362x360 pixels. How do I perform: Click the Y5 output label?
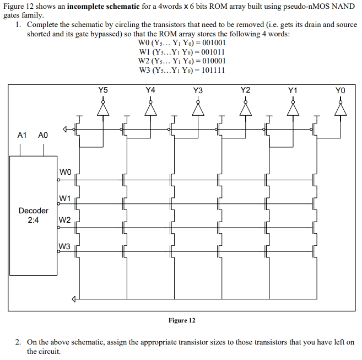[103, 89]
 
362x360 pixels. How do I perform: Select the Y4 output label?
[150, 89]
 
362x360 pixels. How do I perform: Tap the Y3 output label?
[198, 90]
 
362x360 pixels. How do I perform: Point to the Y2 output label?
[246, 89]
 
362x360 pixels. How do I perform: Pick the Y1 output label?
[293, 90]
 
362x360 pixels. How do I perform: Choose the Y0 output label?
[341, 90]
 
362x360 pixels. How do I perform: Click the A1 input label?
[22, 135]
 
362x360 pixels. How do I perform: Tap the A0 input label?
[43, 135]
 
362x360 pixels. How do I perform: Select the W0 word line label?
[64, 173]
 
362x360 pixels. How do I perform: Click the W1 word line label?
[64, 197]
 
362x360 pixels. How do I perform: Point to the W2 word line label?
[64, 221]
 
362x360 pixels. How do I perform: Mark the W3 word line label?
[64, 246]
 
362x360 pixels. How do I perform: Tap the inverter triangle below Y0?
[341, 110]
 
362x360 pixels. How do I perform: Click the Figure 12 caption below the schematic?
[182, 320]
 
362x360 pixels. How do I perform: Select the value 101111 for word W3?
[214, 70]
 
